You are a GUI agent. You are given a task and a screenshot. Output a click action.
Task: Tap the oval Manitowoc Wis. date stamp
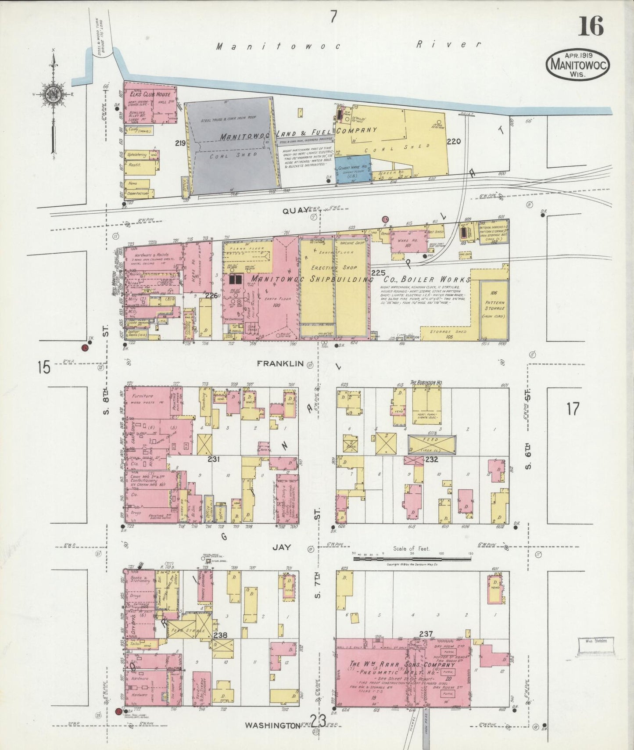pyautogui.click(x=578, y=64)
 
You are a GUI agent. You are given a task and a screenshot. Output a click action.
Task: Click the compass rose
pyautogui.click(x=53, y=94)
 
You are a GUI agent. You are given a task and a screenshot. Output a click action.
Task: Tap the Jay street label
pyautogui.click(x=281, y=547)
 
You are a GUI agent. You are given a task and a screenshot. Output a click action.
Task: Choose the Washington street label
pyautogui.click(x=272, y=725)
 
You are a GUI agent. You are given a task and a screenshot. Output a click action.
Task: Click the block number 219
pyautogui.click(x=179, y=143)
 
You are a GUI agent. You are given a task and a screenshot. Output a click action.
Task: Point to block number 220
pyautogui.click(x=454, y=141)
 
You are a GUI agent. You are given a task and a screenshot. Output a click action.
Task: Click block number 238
pyautogui.click(x=220, y=635)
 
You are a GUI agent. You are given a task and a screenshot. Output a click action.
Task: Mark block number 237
pyautogui.click(x=426, y=633)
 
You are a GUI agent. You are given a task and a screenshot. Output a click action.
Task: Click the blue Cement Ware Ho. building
pyautogui.click(x=353, y=168)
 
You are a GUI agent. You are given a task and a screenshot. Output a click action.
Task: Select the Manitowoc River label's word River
pyautogui.click(x=448, y=44)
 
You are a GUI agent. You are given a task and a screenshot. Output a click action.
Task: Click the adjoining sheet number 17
pyautogui.click(x=573, y=409)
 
